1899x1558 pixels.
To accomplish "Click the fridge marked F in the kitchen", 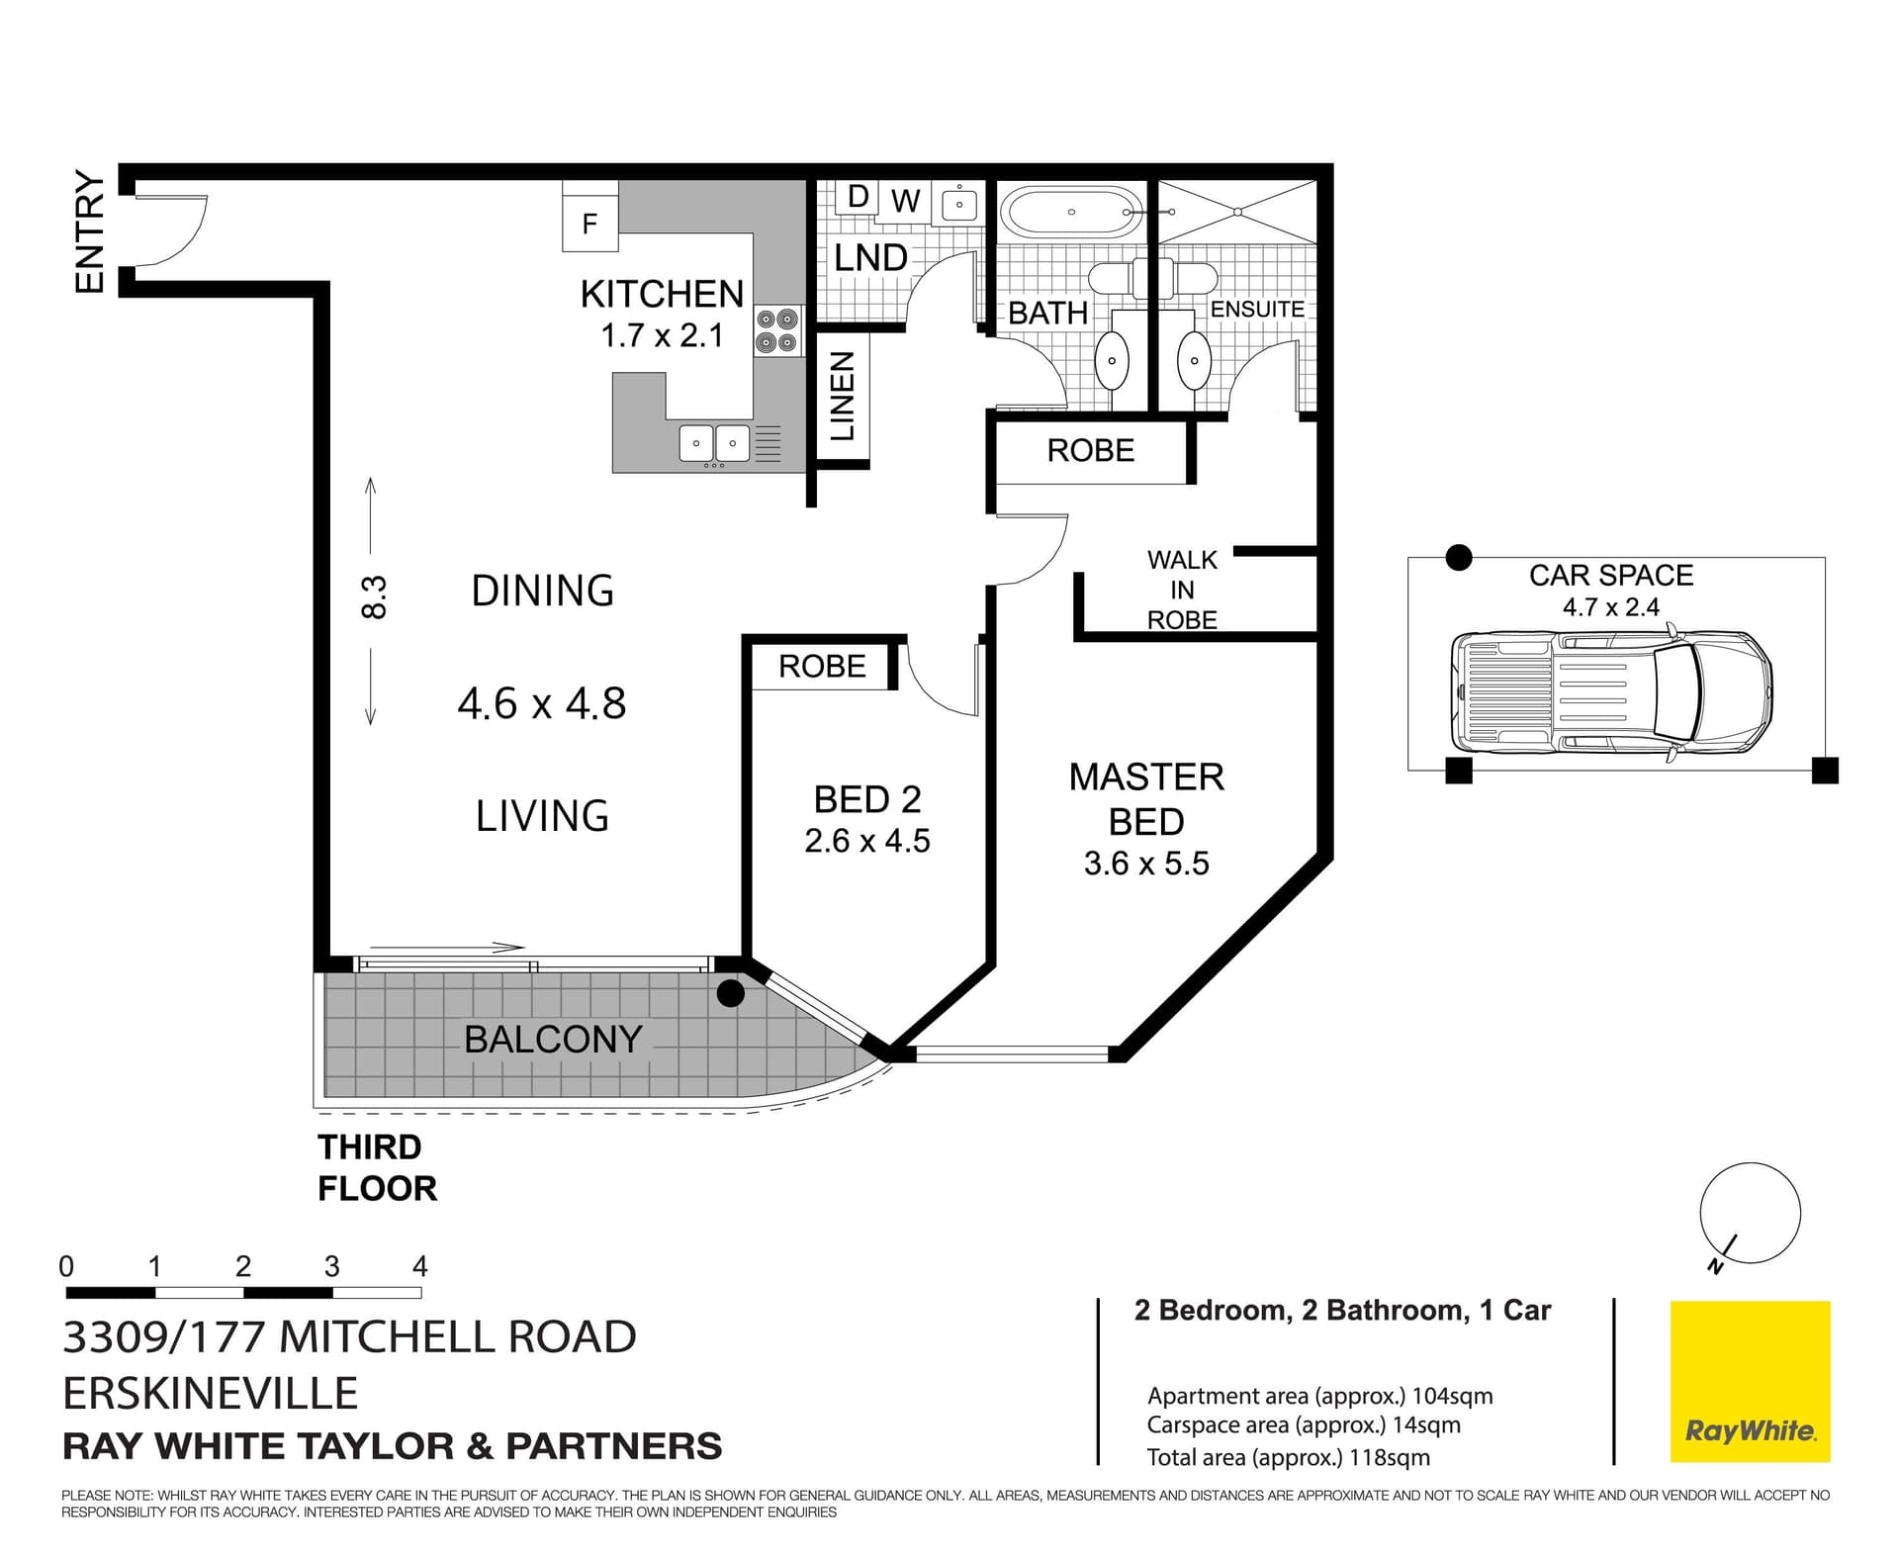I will click(x=589, y=224).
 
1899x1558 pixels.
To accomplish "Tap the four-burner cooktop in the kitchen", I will click(x=777, y=331).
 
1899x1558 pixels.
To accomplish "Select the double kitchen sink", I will click(x=714, y=442).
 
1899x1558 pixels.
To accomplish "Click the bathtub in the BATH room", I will click(x=1071, y=211).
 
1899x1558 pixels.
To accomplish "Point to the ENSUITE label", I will click(x=1257, y=310).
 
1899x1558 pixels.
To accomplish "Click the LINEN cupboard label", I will click(x=842, y=397).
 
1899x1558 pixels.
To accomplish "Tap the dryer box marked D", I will click(x=858, y=197).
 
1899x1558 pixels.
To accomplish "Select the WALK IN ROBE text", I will click(x=1182, y=590).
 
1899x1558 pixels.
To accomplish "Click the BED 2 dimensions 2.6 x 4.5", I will click(x=866, y=841).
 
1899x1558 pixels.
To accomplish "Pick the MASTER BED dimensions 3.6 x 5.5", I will click(x=1146, y=864).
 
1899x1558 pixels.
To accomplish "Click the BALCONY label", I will click(x=553, y=1040).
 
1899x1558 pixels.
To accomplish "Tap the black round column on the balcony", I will click(x=730, y=993).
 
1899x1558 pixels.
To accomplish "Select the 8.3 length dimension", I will click(x=374, y=598).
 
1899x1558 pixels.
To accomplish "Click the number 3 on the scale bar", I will click(x=331, y=1266).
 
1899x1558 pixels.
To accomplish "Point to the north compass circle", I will click(x=1750, y=1213).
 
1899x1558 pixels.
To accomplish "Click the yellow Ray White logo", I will click(x=1750, y=1381).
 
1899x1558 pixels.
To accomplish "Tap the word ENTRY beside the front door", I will click(x=90, y=231).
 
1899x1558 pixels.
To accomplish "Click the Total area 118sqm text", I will click(x=1288, y=1457).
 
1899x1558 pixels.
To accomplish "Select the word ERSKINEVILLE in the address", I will click(x=210, y=1393).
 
